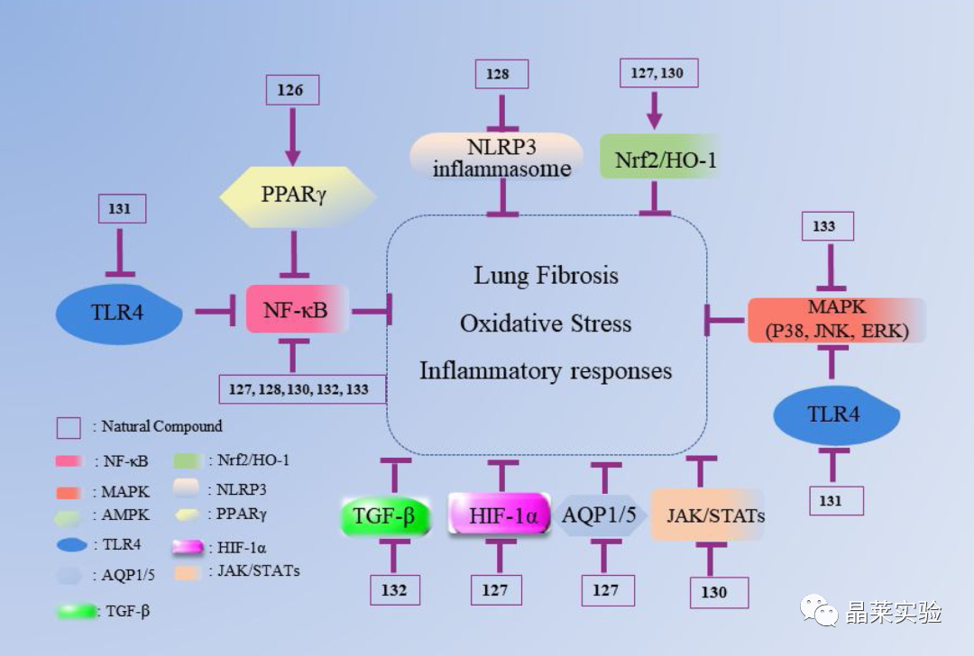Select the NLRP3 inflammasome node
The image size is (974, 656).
tap(496, 156)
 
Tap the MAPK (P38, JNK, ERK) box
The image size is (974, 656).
tap(836, 320)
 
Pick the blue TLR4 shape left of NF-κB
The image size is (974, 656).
tap(119, 313)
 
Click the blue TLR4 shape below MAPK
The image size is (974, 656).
tap(836, 415)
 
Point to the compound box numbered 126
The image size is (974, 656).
tap(292, 90)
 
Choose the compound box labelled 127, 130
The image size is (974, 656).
tap(658, 73)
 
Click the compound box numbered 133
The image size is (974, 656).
tap(827, 226)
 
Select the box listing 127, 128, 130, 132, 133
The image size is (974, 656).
tap(302, 389)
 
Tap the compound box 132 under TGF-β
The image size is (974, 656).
tap(394, 589)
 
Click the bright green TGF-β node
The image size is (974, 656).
tap(385, 515)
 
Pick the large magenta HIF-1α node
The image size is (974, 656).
tap(500, 515)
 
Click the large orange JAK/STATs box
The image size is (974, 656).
tap(708, 515)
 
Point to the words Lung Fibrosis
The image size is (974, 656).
tap(546, 276)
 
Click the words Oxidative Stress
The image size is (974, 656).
tap(546, 323)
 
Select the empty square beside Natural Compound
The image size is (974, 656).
tap(69, 428)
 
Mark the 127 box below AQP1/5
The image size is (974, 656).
tap(608, 590)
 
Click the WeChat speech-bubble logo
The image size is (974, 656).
tap(819, 611)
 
